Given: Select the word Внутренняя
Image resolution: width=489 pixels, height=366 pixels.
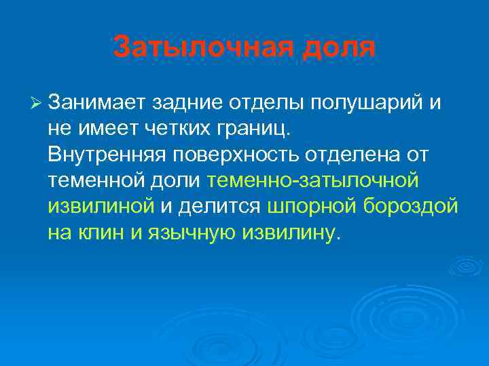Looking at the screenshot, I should tap(107, 155).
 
